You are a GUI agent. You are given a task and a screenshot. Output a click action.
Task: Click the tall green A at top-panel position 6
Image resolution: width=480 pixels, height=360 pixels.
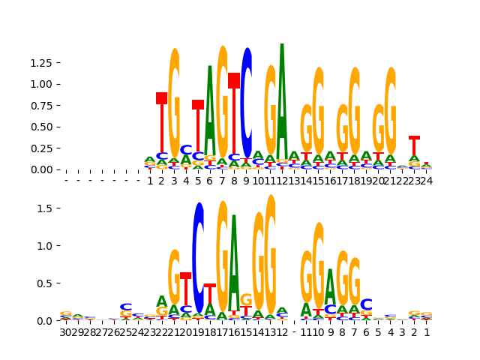pos(210,112)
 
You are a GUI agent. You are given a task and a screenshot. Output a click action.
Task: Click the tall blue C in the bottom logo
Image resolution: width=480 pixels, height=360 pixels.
pos(199,255)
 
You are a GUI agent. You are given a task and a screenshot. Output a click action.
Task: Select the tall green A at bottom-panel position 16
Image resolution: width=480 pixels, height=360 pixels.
pos(234,259)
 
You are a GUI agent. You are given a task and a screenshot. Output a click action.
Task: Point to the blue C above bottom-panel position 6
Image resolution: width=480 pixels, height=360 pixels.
pos(366,304)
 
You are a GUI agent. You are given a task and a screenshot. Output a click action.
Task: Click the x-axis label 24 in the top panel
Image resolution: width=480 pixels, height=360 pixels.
pos(426,181)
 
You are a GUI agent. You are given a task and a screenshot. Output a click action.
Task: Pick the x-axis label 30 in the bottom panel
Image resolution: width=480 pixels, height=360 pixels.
pos(66,331)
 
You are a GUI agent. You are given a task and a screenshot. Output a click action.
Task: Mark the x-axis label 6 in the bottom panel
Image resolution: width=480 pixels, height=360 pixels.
pos(366,331)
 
